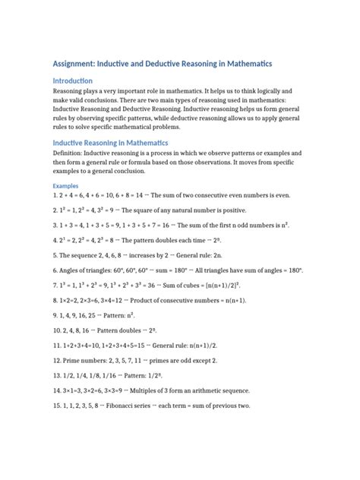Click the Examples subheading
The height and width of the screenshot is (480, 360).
(x=65, y=185)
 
